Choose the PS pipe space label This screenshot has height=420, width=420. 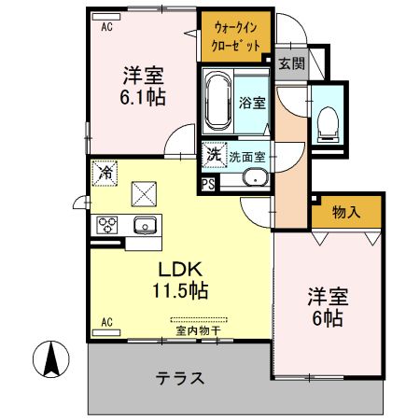(208, 184)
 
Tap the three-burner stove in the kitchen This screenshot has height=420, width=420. (107, 225)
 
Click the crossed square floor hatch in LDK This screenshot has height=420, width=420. (144, 194)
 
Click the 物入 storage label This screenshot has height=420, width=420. (345, 212)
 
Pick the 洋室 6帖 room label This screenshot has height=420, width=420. (328, 305)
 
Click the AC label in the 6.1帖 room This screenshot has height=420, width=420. (107, 27)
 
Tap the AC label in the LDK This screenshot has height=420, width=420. (107, 322)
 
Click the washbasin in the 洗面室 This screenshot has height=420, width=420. (253, 179)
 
